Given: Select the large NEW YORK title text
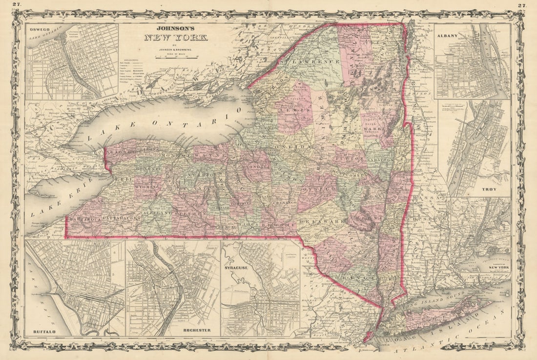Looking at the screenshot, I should [176, 37].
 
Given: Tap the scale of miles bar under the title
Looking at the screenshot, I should [176, 57].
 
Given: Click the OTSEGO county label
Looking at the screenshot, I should [318, 189].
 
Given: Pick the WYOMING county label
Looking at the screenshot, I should [147, 187].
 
